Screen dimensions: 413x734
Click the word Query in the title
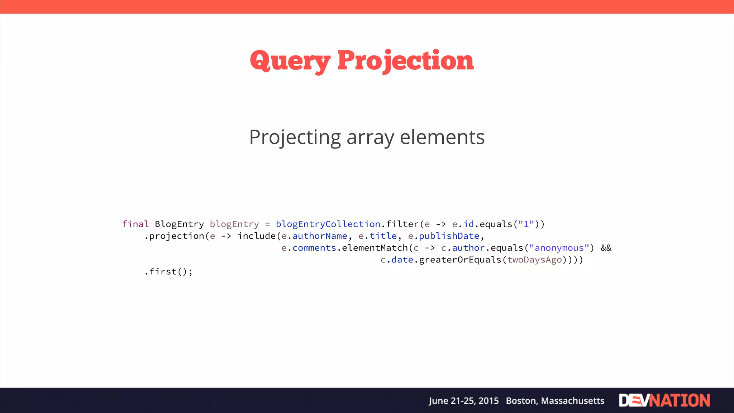pyautogui.click(x=290, y=61)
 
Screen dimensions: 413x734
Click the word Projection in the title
pyautogui.click(x=405, y=61)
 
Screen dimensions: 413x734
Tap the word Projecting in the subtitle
pyautogui.click(x=295, y=138)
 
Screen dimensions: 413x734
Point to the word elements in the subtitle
pyautogui.click(x=442, y=137)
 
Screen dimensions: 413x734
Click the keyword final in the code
pyautogui.click(x=135, y=224)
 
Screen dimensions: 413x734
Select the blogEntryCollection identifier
pyautogui.click(x=328, y=224)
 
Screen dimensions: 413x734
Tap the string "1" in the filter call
pyautogui.click(x=526, y=224)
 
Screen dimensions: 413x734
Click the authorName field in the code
pyautogui.click(x=320, y=236)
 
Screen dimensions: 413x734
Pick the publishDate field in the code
pyautogui.click(x=449, y=236)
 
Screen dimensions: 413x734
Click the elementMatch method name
pyautogui.click(x=375, y=248)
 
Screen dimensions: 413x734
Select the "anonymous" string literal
pyautogui.click(x=559, y=248)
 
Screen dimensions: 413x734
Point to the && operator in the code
pyautogui.click(x=606, y=248)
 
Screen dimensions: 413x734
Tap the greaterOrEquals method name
pyautogui.click(x=460, y=260)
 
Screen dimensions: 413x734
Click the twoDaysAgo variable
pyautogui.click(x=534, y=260)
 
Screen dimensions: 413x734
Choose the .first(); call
pyautogui.click(x=168, y=272)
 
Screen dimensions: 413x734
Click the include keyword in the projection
pyautogui.click(x=257, y=236)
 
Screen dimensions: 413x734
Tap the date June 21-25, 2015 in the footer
pyautogui.click(x=463, y=401)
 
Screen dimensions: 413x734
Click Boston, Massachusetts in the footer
pyautogui.click(x=555, y=401)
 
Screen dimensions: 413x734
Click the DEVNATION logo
pyautogui.click(x=664, y=400)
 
